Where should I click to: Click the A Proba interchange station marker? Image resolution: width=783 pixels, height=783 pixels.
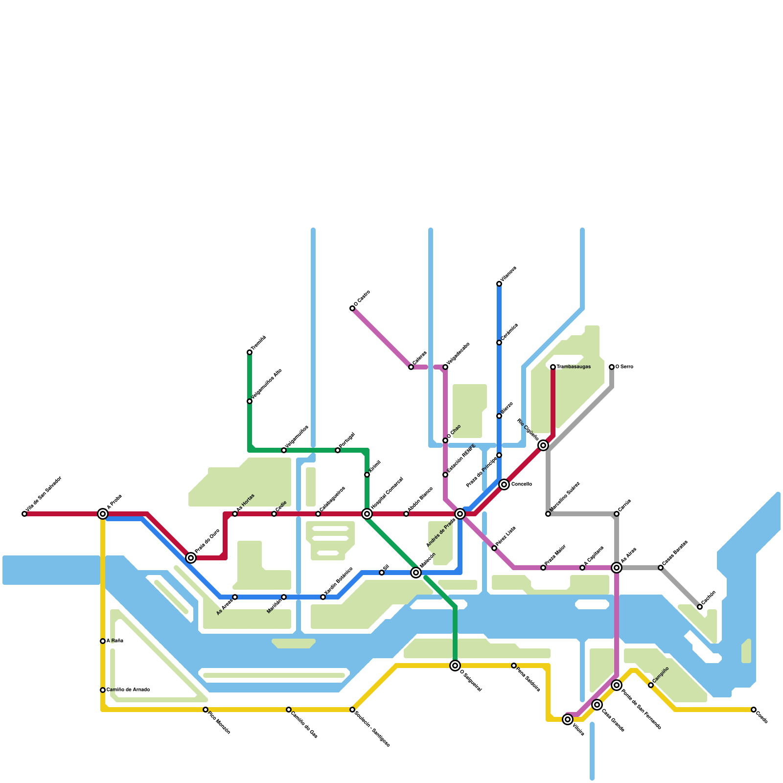pos(103,514)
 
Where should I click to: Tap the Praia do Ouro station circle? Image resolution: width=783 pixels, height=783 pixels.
pos(191,558)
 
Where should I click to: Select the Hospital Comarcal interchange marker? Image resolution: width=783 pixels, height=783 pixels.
pos(367,514)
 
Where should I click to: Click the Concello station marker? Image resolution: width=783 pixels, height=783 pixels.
pos(504,484)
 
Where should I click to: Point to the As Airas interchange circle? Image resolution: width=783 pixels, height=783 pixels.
pos(617,568)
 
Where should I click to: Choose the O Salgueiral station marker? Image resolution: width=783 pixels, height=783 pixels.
pos(455,666)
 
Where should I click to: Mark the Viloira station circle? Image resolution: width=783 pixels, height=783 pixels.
pos(568,719)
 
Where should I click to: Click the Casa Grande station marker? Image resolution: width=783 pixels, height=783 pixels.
pos(597,705)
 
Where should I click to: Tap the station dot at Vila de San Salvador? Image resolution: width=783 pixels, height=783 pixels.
pos(24,514)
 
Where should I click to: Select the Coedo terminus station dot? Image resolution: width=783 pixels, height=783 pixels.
pos(754,710)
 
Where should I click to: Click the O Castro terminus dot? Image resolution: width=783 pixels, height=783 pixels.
pos(352,308)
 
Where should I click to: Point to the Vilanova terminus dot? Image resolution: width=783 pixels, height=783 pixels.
pos(499,284)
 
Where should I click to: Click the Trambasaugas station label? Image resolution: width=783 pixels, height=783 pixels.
pos(574,367)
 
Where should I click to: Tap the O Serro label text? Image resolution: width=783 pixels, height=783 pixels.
pos(624,367)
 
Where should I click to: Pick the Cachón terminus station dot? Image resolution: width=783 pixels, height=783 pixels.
pos(700,607)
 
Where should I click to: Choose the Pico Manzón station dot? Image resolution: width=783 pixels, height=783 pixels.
pos(206,710)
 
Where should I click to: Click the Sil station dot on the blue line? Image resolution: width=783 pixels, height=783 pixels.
pos(382,573)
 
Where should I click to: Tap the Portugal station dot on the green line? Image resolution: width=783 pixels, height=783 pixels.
pos(338,450)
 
